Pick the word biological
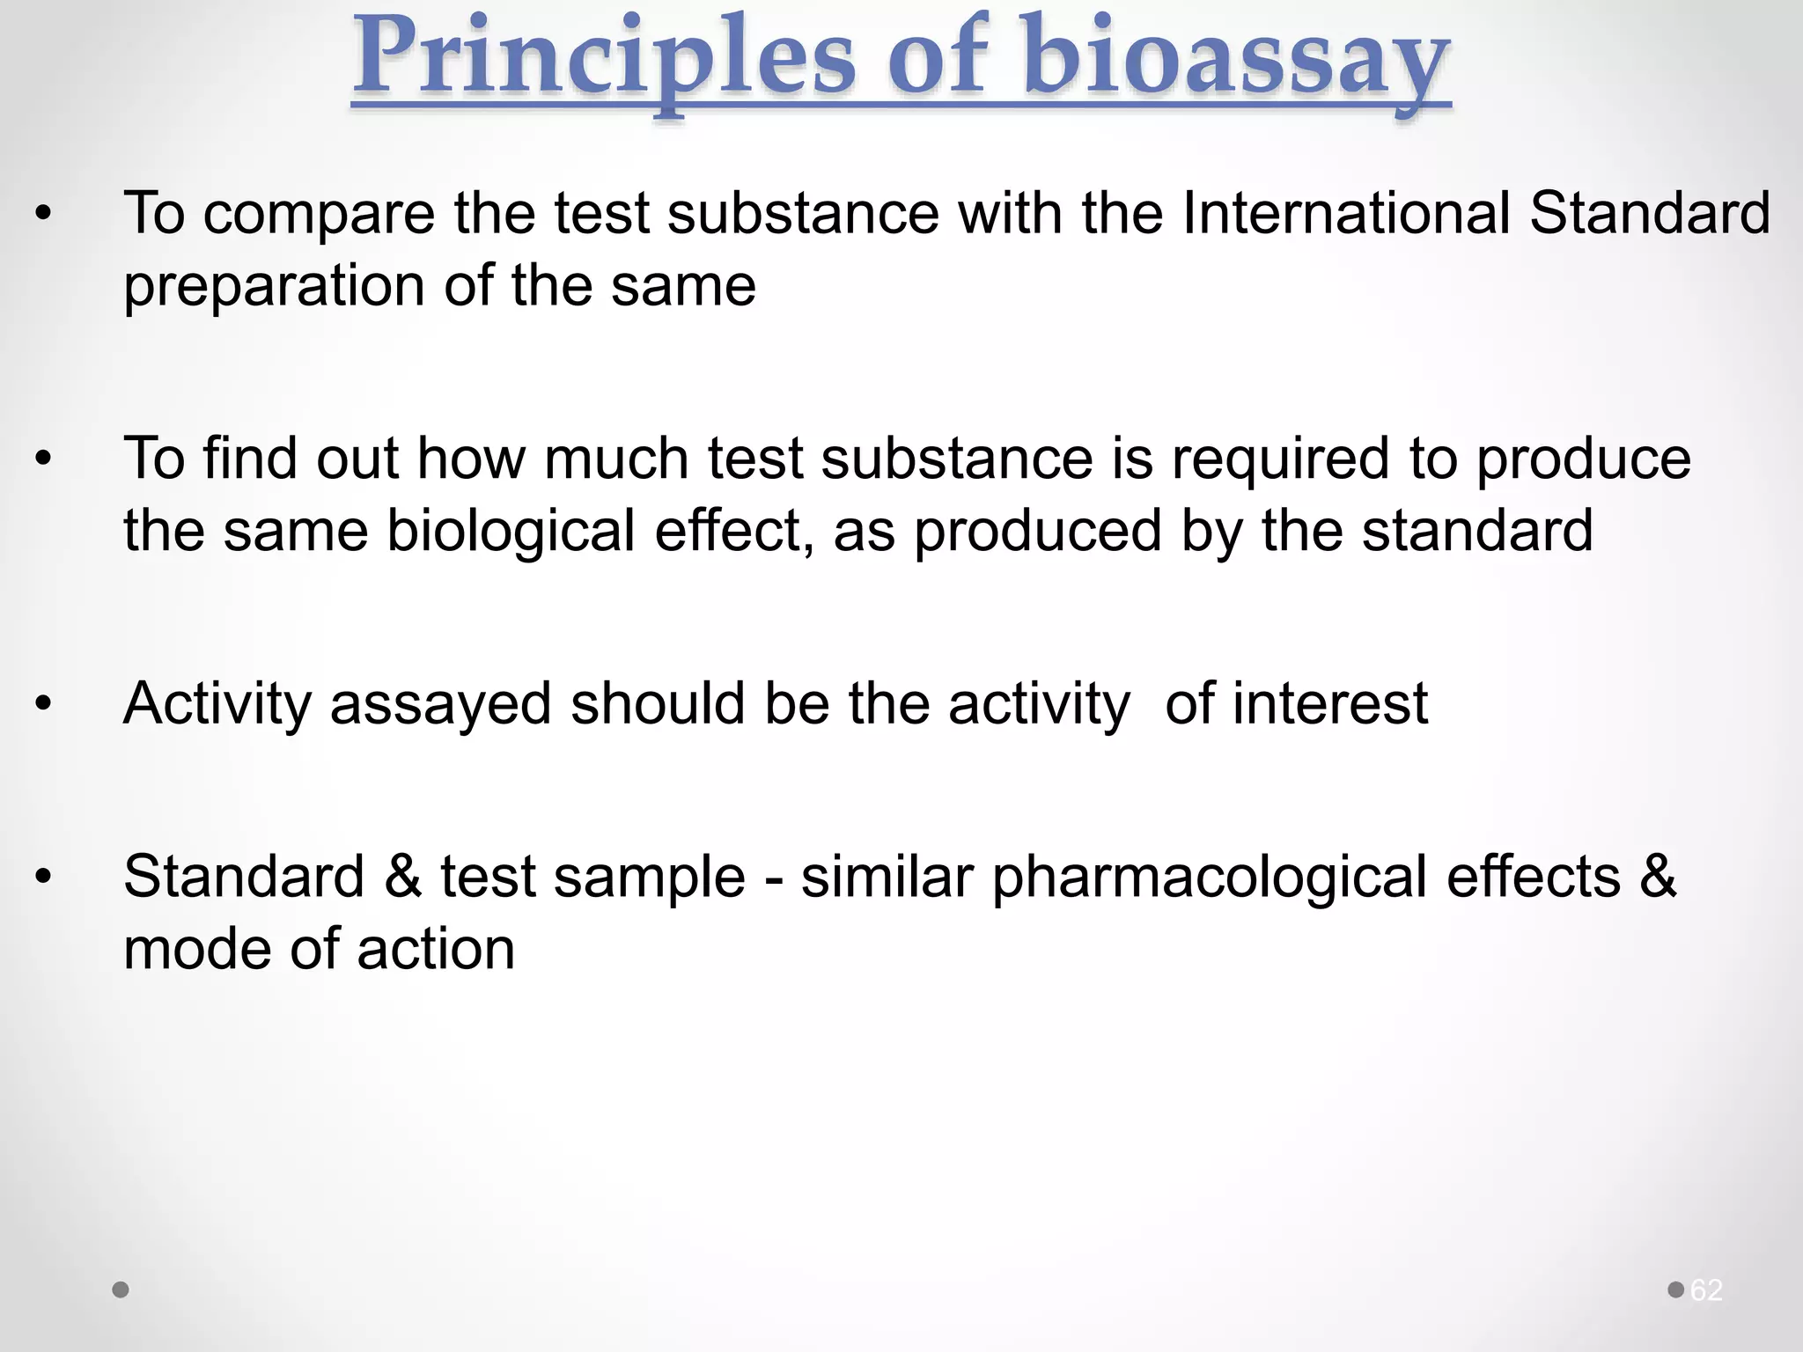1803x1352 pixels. pos(511,533)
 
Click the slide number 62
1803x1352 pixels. pos(1706,1290)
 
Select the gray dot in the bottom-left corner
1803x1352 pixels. pos(121,1290)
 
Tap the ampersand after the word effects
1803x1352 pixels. pos(1658,878)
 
